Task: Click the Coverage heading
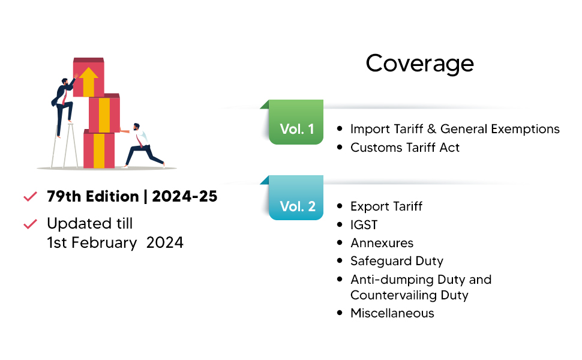tap(419, 63)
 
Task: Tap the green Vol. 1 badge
tap(296, 128)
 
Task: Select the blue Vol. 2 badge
tap(297, 206)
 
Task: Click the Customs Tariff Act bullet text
tap(405, 147)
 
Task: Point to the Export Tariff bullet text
tap(386, 206)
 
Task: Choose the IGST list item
tap(364, 225)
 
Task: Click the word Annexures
tap(382, 243)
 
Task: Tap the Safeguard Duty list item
tap(397, 261)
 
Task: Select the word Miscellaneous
tap(392, 313)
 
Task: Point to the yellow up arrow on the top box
tap(89, 80)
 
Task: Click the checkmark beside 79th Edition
tap(29, 197)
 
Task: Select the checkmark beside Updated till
tap(29, 224)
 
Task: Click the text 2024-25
tap(184, 196)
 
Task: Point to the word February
tap(103, 242)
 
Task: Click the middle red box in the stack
tap(104, 113)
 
